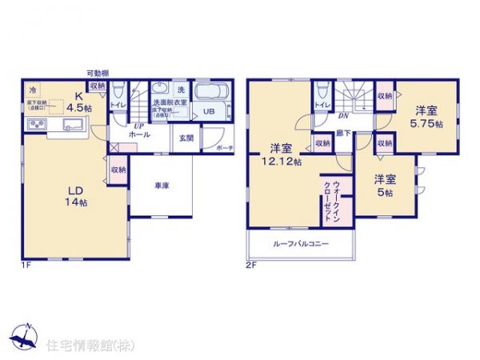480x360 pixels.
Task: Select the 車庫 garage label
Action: click(x=160, y=186)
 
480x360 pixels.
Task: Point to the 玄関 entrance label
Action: click(x=186, y=138)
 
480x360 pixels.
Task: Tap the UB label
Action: click(x=208, y=110)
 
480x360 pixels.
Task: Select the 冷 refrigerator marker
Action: click(x=34, y=90)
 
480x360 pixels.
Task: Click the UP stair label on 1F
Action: click(x=138, y=126)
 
